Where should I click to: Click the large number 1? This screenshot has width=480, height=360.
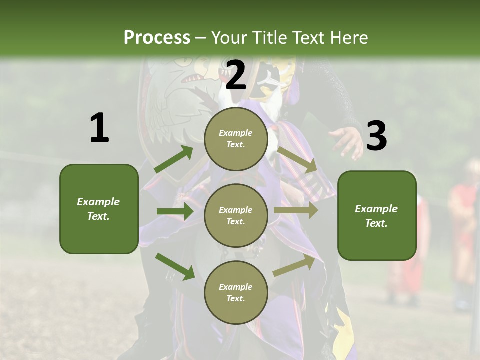click(99, 128)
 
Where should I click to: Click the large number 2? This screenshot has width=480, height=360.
click(236, 75)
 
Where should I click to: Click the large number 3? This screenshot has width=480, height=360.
click(376, 136)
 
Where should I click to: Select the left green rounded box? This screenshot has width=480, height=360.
click(99, 209)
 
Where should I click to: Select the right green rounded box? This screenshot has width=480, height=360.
click(377, 215)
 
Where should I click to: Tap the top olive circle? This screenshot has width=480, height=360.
click(236, 139)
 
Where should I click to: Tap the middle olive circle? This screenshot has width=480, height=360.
click(236, 215)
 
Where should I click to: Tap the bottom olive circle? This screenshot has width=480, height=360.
click(236, 292)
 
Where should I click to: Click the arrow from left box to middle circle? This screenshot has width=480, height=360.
click(174, 211)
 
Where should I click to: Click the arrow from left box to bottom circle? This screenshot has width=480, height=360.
click(175, 266)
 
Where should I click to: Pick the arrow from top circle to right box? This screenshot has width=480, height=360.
click(297, 159)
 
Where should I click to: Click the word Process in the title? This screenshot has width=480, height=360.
click(157, 37)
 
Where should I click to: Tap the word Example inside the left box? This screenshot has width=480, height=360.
click(98, 202)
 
